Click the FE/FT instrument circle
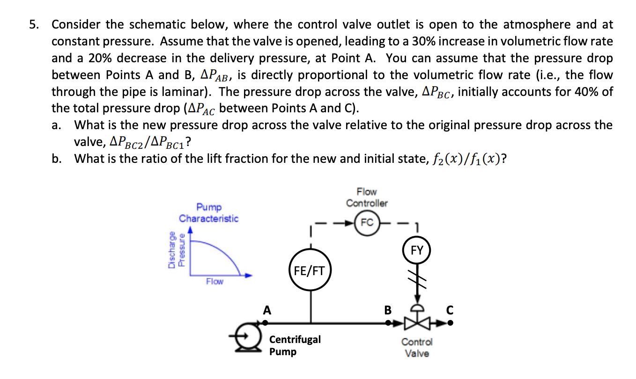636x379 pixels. tap(309, 270)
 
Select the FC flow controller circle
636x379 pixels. tap(367, 223)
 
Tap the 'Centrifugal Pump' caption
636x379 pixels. tap(295, 345)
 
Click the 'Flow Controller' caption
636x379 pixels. tap(367, 197)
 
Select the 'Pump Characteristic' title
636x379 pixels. tap(209, 212)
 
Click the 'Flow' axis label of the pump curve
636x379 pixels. tap(214, 282)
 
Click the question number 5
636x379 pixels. tap(33, 24)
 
